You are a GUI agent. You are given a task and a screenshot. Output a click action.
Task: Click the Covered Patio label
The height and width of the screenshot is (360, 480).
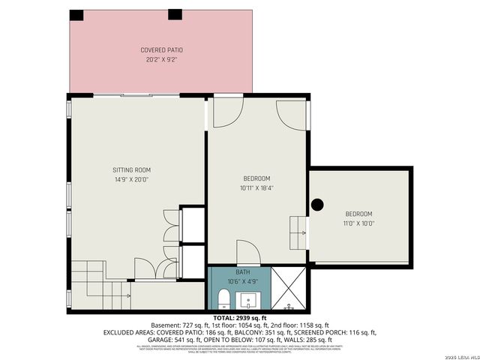pyautogui.click(x=161, y=50)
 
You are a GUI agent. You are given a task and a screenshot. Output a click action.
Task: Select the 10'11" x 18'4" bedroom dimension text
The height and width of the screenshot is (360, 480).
pyautogui.click(x=256, y=187)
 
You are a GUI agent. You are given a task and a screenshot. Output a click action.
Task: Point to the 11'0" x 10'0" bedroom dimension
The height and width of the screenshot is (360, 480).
pyautogui.click(x=359, y=223)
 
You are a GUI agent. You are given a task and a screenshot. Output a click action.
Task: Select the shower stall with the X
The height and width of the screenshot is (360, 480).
pyautogui.click(x=288, y=289)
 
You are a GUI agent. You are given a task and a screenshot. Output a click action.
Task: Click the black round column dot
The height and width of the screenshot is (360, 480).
pyautogui.click(x=317, y=203)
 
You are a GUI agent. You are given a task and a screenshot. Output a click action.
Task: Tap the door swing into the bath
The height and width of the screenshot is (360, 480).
pyautogui.click(x=248, y=252)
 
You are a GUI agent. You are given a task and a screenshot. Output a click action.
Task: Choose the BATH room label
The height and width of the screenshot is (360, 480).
pyautogui.click(x=242, y=272)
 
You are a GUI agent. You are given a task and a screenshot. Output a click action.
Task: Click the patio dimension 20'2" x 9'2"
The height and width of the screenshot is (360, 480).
pyautogui.click(x=161, y=59)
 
